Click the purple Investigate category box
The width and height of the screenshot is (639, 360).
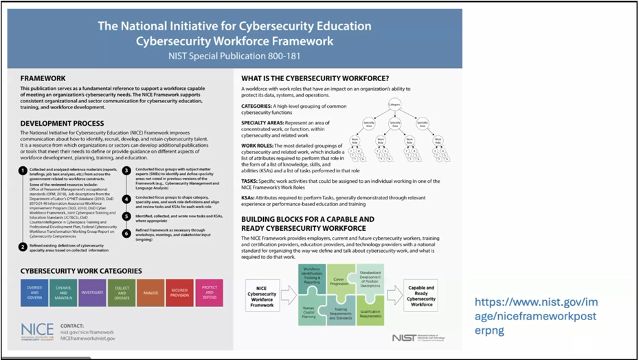92,292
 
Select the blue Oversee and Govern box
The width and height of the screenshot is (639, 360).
34,292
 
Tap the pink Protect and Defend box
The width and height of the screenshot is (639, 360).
209,292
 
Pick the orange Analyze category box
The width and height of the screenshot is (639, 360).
150,292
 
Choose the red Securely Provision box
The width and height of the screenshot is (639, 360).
180,292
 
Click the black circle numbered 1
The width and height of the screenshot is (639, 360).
23,170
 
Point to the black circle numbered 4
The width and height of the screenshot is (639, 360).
126,199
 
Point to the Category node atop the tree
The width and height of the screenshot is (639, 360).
394,104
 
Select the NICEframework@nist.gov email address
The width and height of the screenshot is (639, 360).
87,338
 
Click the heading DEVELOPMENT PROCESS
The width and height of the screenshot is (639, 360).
63,123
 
